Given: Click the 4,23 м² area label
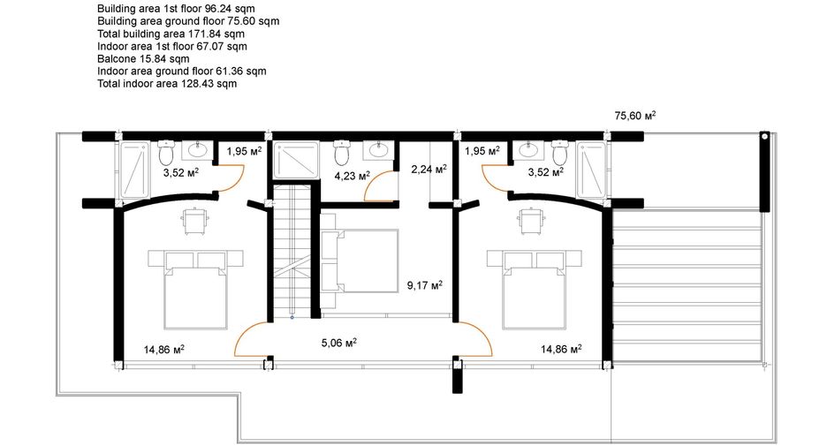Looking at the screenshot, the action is pyautogui.click(x=353, y=176).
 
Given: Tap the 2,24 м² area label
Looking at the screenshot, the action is pyautogui.click(x=429, y=169).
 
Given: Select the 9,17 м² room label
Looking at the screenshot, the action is pyautogui.click(x=425, y=285).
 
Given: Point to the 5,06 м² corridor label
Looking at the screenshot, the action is pyautogui.click(x=339, y=343).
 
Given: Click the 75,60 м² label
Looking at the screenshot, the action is pyautogui.click(x=635, y=116).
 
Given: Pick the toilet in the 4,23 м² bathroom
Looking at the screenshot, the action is pyautogui.click(x=342, y=152).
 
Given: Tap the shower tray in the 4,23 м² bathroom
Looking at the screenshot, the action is pyautogui.click(x=296, y=160).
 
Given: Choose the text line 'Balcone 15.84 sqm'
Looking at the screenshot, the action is pyautogui.click(x=143, y=58).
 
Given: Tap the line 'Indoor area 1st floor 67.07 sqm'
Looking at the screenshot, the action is pyautogui.click(x=172, y=47).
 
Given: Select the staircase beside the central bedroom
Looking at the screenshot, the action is pyautogui.click(x=292, y=251).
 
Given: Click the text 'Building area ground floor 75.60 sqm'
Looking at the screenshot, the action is pyautogui.click(x=188, y=21).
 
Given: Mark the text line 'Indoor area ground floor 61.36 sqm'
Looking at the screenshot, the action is pyautogui.click(x=182, y=72).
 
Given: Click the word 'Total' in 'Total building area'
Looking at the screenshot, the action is pyautogui.click(x=109, y=34).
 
